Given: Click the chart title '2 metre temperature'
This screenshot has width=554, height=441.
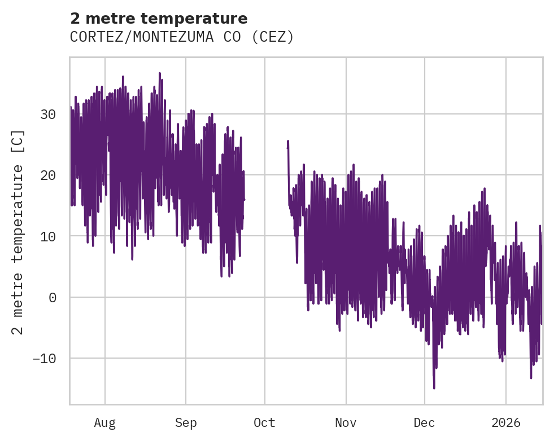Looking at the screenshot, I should point(159,19).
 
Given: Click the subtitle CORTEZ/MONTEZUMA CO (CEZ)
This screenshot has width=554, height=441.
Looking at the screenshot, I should point(182,37).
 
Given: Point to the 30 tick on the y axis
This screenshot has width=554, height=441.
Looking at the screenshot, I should point(49,114).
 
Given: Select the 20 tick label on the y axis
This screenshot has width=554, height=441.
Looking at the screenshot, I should point(49,175).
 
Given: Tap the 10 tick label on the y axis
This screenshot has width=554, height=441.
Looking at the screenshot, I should point(49,236).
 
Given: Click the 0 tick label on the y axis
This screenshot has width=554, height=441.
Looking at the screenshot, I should point(53,297).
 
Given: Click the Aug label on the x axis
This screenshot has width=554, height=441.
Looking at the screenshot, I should point(104,422).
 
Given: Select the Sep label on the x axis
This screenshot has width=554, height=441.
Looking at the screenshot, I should point(186,422).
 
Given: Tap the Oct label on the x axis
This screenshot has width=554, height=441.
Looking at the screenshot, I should point(264,422).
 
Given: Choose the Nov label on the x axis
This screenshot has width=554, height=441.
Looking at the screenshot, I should point(346,422).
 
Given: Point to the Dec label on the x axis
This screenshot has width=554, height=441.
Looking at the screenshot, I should point(424,422).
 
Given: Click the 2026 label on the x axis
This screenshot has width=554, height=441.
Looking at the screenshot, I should point(505,422).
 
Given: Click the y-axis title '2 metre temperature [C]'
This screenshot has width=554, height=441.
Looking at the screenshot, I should point(18,232).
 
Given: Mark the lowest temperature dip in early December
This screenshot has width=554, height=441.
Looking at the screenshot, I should point(434,388).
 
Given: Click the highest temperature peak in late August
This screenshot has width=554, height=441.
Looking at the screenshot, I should point(160,73).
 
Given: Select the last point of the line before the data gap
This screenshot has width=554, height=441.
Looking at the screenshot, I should point(244,199).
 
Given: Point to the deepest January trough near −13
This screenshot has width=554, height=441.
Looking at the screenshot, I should point(531,378).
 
